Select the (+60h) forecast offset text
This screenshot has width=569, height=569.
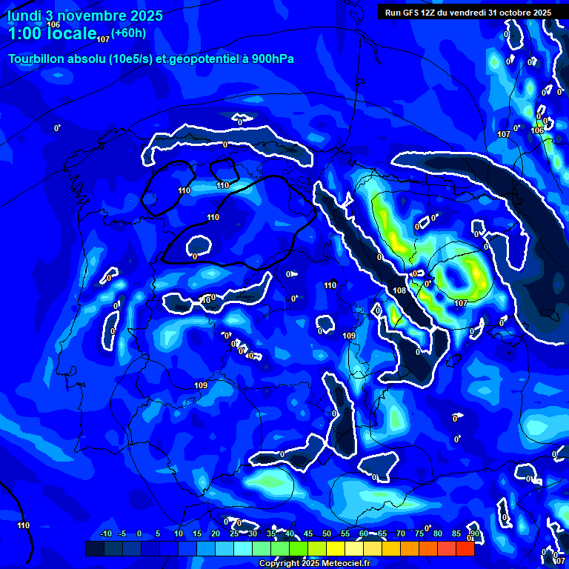click(128, 33)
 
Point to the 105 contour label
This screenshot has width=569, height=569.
click(538, 130)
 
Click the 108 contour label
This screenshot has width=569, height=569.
click(399, 291)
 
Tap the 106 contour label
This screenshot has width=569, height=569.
click(53, 24)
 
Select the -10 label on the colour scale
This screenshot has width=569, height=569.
click(106, 533)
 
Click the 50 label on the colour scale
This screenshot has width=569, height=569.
click(327, 533)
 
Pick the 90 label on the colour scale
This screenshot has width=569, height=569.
click(474, 533)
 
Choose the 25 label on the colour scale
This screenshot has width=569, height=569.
click(234, 533)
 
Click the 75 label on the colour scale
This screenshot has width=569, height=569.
click(419, 533)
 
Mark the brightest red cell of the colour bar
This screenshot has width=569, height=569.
click(465, 548)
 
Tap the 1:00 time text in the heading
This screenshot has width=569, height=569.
click(25, 33)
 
